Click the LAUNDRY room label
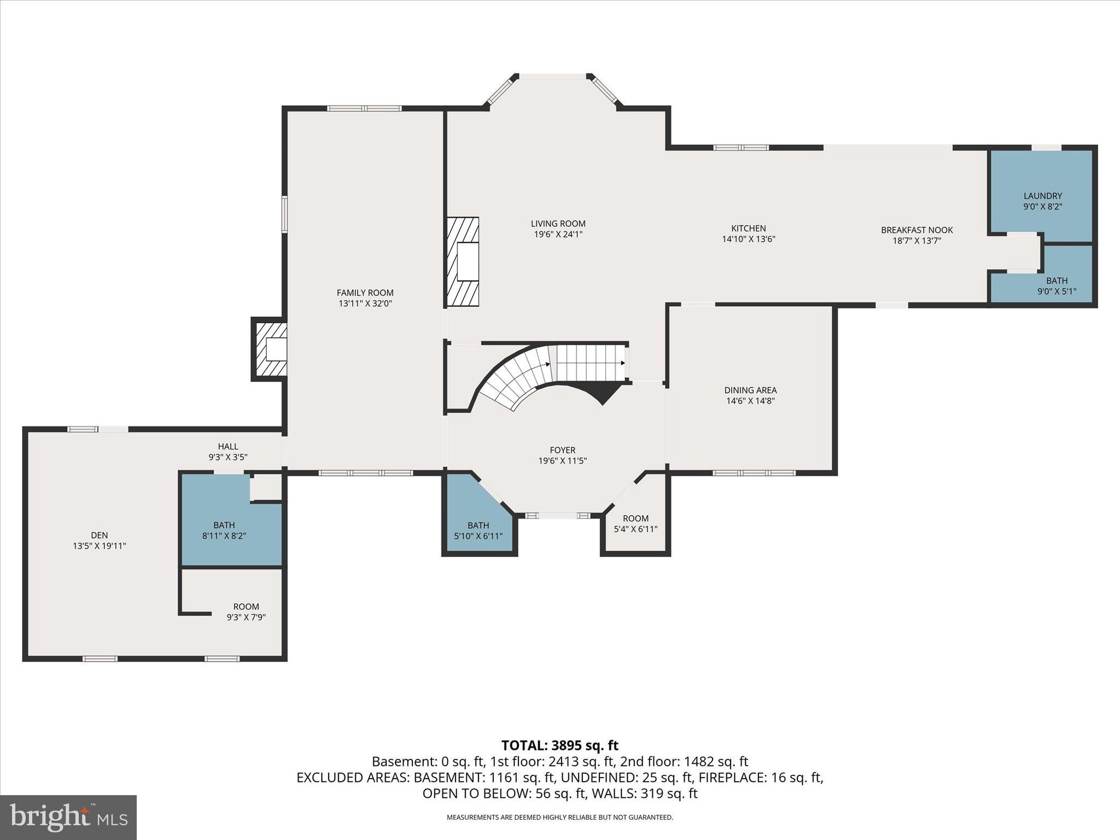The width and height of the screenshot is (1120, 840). pyautogui.click(x=1042, y=196)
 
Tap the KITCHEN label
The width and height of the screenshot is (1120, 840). pyautogui.click(x=748, y=229)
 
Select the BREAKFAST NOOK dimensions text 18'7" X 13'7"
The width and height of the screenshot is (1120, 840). pyautogui.click(x=917, y=241)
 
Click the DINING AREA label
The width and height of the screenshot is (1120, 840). pyautogui.click(x=750, y=390)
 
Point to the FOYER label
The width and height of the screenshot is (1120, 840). pyautogui.click(x=562, y=450)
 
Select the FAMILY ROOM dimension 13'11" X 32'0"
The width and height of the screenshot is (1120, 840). pyautogui.click(x=365, y=304)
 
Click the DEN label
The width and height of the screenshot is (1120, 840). pyautogui.click(x=100, y=535)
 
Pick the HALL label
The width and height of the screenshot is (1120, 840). pyautogui.click(x=228, y=446)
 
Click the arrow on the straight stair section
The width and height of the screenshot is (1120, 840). pyautogui.click(x=622, y=363)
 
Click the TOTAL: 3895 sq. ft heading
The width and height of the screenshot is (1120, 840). pyautogui.click(x=559, y=745)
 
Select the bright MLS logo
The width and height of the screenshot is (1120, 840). pyautogui.click(x=68, y=817)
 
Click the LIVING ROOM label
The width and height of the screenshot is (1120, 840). pyautogui.click(x=558, y=224)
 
